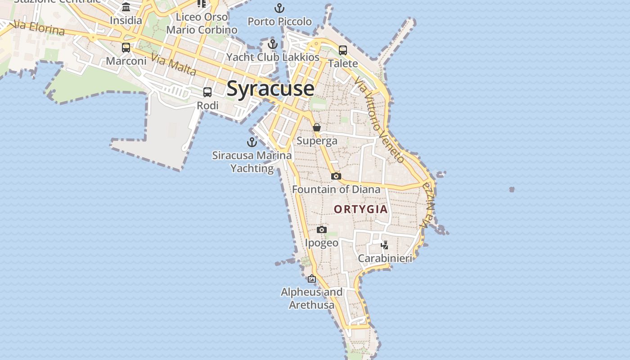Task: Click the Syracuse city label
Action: click(270, 88)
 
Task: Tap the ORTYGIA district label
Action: click(360, 209)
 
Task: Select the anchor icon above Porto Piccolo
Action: click(279, 8)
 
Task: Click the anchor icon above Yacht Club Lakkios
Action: click(272, 44)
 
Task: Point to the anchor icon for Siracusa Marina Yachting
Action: click(252, 142)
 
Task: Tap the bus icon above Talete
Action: click(343, 50)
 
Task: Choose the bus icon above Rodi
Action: click(207, 92)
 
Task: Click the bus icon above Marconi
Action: click(126, 48)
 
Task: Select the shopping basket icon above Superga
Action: click(317, 127)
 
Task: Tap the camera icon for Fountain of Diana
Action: click(336, 176)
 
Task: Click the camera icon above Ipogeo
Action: click(321, 230)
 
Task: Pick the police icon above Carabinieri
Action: click(385, 245)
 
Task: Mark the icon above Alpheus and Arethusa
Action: click(311, 279)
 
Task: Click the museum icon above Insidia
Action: click(126, 7)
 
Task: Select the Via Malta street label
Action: click(174, 65)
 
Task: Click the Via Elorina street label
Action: click(40, 28)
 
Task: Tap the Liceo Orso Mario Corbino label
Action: click(202, 23)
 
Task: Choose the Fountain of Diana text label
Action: click(336, 189)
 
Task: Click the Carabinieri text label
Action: click(385, 258)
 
